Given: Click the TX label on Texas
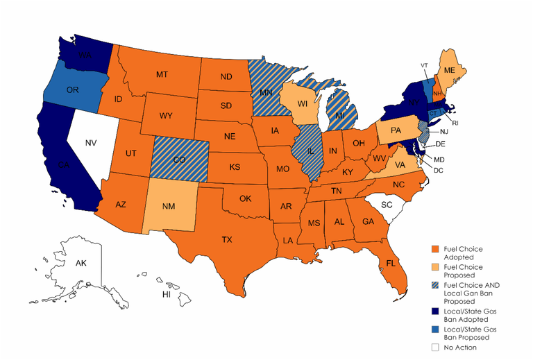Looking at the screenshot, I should click(226, 240).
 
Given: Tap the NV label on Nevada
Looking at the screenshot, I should click(90, 144).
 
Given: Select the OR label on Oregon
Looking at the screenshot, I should click(71, 90).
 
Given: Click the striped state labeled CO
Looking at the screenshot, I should click(180, 158).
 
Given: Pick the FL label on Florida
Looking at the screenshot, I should click(391, 264).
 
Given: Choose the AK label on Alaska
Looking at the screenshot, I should click(81, 264).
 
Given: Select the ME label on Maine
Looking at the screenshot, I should click(450, 71).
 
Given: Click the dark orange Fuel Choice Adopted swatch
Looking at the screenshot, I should click(434, 249).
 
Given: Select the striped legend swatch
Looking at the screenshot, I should click(434, 284).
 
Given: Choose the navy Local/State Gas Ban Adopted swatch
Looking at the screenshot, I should click(434, 308).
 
